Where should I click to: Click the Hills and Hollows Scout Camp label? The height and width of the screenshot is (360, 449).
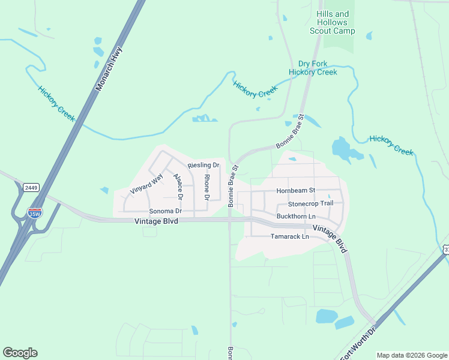click(x=332, y=22)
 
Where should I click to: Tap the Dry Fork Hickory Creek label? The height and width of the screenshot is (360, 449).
click(x=313, y=68)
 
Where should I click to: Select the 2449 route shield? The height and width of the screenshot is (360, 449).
click(x=31, y=188)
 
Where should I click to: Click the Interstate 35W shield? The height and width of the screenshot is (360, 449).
click(x=35, y=212)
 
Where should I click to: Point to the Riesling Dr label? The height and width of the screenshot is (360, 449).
click(x=203, y=165)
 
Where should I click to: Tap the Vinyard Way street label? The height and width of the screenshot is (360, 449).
click(x=146, y=184)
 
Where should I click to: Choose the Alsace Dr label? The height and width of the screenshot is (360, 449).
click(x=178, y=187)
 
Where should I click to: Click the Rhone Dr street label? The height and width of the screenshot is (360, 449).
click(x=207, y=187)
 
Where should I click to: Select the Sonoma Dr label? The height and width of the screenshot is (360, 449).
click(x=165, y=211)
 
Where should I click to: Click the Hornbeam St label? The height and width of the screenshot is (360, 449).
click(x=295, y=191)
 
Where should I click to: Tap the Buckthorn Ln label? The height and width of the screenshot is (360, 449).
click(x=295, y=216)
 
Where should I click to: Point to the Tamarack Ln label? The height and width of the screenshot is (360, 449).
click(x=289, y=236)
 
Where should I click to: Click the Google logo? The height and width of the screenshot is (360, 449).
click(x=20, y=353)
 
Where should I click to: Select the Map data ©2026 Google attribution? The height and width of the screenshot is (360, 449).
click(x=411, y=355)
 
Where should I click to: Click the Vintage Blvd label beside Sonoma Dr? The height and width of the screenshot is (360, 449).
click(x=157, y=221)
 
